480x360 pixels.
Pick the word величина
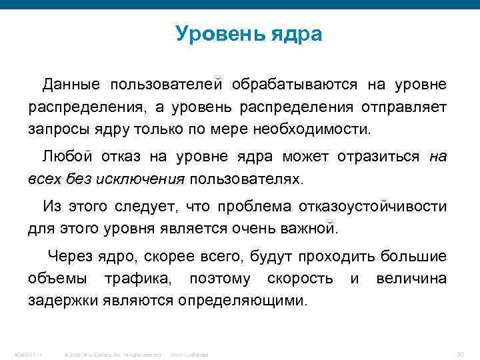point(411,278)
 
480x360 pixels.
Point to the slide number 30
point(459,353)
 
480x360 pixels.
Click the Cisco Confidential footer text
point(190,354)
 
